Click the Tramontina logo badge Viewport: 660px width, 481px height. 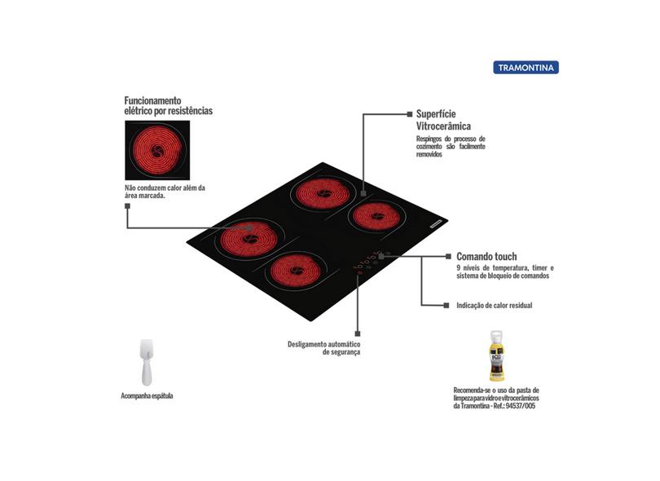coord(527,68)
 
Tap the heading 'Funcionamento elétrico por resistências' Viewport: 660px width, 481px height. coord(168,104)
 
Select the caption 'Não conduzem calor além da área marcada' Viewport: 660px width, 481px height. coord(165,192)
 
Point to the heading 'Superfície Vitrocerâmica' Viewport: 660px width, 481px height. coord(444,120)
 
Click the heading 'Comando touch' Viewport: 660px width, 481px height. coord(486,256)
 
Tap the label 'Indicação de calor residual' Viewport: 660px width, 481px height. coord(495,306)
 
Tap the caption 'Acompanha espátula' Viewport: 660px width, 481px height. coord(147,396)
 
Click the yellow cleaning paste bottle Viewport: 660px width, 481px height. coord(495,355)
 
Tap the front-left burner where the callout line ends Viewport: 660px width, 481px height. coord(246,239)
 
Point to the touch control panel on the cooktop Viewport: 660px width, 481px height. coord(371,261)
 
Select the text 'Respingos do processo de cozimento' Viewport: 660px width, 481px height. coord(451,143)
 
